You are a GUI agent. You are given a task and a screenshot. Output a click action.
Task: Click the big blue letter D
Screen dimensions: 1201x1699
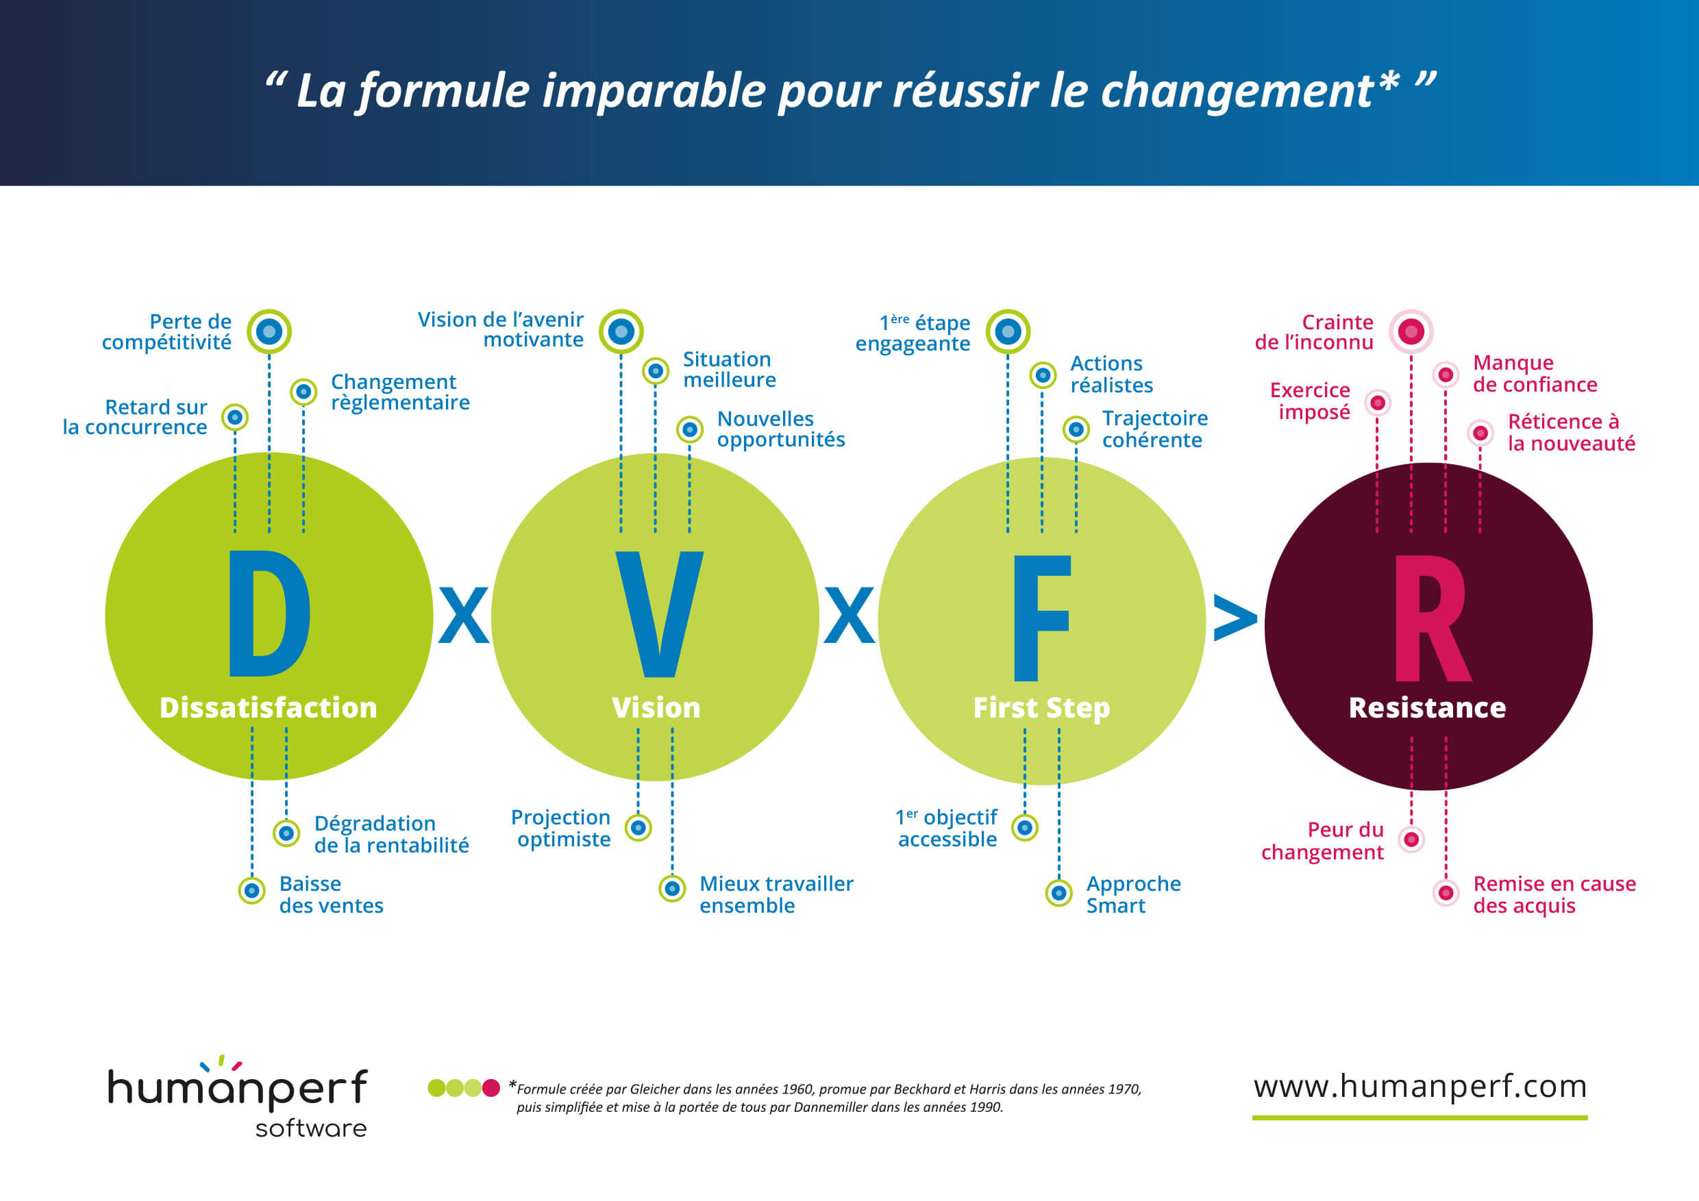click(269, 613)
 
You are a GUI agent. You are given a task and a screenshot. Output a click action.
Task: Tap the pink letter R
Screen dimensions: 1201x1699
click(1430, 618)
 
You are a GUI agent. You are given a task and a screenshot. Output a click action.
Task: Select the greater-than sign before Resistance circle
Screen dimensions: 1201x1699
click(1235, 618)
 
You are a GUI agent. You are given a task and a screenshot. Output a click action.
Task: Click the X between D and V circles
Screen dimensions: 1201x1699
click(463, 616)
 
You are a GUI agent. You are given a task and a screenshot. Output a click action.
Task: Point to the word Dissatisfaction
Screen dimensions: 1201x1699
click(268, 708)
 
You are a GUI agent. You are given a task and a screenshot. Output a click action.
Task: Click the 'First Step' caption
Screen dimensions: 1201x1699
click(1041, 708)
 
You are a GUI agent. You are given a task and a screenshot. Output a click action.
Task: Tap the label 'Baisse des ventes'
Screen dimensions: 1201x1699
click(331, 894)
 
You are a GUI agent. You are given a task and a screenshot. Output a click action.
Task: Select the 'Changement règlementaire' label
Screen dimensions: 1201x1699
click(399, 392)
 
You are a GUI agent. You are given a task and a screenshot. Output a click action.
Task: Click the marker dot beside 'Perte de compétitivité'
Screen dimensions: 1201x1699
click(269, 331)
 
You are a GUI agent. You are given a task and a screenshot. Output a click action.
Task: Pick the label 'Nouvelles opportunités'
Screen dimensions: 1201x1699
click(781, 429)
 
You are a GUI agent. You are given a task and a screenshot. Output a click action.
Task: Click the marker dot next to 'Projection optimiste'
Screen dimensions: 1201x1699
click(638, 828)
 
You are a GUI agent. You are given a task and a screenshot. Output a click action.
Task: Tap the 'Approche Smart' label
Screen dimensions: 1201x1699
click(1133, 894)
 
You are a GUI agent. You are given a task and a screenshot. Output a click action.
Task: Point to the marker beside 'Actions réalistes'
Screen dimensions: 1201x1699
click(1043, 376)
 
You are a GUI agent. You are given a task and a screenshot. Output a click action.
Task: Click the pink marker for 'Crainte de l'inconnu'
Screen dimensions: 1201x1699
click(1411, 331)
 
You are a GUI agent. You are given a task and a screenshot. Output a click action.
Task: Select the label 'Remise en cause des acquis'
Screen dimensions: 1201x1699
click(1554, 894)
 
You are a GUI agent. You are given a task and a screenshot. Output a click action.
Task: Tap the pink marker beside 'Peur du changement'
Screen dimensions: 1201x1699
click(1411, 839)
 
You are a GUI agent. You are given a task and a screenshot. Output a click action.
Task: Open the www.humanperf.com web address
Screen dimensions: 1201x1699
click(1420, 1087)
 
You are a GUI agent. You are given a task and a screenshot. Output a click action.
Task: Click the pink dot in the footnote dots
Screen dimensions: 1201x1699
click(491, 1088)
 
